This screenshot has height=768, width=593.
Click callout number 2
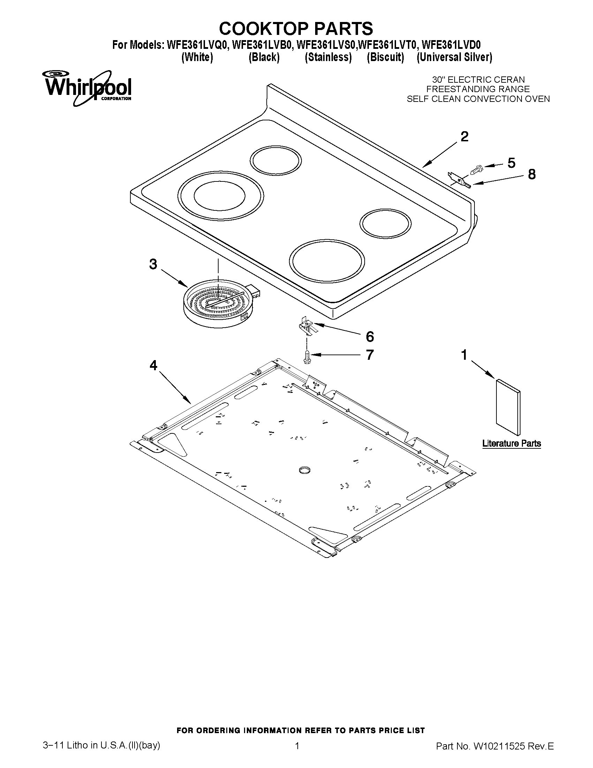pyautogui.click(x=464, y=137)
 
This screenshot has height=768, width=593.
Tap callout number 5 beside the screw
pyautogui.click(x=511, y=163)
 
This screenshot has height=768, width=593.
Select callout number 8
pyautogui.click(x=532, y=174)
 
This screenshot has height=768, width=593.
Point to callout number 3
pyautogui.click(x=153, y=264)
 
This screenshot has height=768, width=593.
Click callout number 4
pyautogui.click(x=153, y=366)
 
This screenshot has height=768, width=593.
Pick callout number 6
pyautogui.click(x=370, y=337)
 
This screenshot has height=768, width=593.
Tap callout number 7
pyautogui.click(x=370, y=355)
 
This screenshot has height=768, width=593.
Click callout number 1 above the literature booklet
pyautogui.click(x=464, y=355)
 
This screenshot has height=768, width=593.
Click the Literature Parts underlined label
pyautogui.click(x=511, y=443)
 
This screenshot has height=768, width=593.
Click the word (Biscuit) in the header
pyautogui.click(x=385, y=57)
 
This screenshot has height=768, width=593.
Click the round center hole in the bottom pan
pyautogui.click(x=305, y=470)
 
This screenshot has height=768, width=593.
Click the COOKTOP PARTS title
pyautogui.click(x=296, y=28)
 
